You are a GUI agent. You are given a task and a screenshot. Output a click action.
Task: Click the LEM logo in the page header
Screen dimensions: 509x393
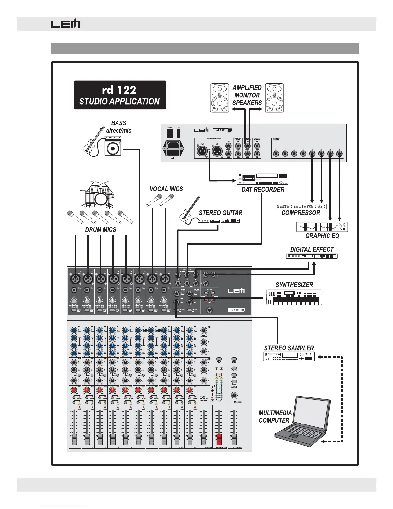65,24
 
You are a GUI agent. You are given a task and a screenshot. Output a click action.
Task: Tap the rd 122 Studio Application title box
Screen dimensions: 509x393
120,95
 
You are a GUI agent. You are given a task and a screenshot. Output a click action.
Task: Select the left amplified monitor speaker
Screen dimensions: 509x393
220,98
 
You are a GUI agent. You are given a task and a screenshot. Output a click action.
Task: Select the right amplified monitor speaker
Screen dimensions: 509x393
274,98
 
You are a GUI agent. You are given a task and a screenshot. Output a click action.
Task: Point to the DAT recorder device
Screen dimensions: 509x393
262,179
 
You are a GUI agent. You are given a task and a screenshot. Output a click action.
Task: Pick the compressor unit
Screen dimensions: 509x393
301,207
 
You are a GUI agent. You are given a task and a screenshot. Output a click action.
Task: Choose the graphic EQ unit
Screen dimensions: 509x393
322,227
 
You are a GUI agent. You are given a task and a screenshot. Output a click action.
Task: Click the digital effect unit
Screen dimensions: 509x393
312,256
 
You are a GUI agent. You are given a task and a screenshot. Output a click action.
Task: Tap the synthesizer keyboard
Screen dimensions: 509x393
294,297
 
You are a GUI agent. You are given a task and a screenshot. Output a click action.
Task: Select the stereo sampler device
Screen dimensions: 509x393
289,356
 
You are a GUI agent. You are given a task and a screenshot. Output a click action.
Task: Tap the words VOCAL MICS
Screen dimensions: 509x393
166,189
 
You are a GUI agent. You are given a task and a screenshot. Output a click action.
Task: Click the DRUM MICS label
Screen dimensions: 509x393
100,230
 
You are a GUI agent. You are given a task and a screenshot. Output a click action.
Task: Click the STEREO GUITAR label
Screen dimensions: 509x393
221,213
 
